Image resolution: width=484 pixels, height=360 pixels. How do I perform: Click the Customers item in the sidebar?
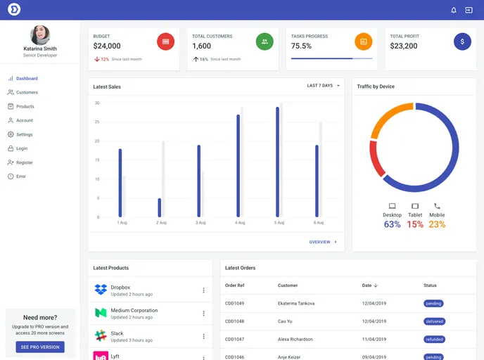[x=27, y=92]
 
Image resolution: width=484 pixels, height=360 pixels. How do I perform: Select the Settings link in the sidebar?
[x=24, y=134]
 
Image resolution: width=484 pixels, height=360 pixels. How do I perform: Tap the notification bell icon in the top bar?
[x=454, y=10]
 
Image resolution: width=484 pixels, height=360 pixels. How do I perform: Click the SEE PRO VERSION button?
[x=40, y=347]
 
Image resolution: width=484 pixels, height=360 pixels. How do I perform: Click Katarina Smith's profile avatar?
[x=40, y=35]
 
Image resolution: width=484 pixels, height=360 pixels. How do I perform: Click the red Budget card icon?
[x=165, y=41]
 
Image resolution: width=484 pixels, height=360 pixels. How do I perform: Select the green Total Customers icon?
[x=265, y=41]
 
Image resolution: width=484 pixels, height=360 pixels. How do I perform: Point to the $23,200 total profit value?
[x=404, y=46]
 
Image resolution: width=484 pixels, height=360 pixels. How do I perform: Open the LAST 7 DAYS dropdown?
[x=323, y=86]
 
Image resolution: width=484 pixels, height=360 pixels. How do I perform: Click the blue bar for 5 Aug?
[x=278, y=162]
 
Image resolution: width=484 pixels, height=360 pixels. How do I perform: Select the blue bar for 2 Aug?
[x=160, y=207]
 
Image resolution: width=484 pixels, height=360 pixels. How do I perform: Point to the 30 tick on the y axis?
[x=97, y=103]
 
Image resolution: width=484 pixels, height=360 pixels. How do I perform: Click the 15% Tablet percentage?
[x=415, y=224]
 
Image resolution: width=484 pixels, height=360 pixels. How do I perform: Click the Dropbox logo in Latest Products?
[x=101, y=290]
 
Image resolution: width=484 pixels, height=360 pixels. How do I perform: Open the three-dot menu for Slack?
[x=203, y=335]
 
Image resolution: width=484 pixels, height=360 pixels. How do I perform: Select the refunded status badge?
[x=434, y=339]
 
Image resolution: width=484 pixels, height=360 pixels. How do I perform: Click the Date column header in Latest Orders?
[x=369, y=285]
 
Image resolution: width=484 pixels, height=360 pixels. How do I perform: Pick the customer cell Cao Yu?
[x=285, y=321]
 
